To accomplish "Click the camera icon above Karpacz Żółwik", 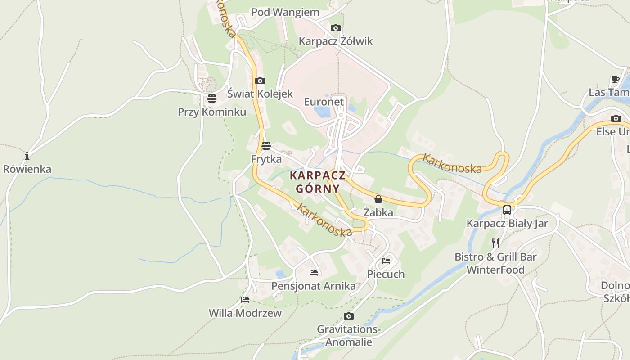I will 335,28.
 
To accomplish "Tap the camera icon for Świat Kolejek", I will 260,81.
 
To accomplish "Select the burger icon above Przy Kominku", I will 212,99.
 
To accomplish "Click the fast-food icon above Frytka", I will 266,146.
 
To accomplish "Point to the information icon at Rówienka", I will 27,156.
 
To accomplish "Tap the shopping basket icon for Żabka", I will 378,199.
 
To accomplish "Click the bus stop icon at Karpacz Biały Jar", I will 507,210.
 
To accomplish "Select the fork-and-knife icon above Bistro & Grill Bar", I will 495,243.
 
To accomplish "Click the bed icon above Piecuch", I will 386,261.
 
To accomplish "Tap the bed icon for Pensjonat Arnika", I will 314,272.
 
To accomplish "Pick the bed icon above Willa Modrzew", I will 245,299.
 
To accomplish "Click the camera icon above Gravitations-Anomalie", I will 349,316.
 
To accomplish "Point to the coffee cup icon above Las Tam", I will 616,80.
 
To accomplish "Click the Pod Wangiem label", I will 285,12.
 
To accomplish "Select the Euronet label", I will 324,102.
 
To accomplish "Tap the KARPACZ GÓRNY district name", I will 318,182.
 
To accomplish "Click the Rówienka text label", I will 27,169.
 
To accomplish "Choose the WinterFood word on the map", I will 495,270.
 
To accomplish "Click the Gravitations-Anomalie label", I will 349,336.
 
